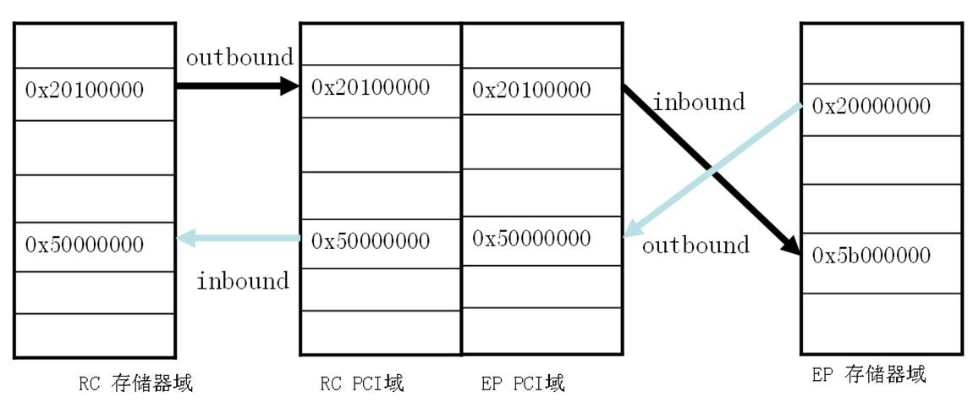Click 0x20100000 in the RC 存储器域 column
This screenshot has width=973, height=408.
(85, 90)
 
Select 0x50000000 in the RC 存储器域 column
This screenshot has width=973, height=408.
(85, 244)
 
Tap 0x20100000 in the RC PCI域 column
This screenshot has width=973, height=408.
(371, 87)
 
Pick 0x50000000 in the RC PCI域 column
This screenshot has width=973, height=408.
(371, 240)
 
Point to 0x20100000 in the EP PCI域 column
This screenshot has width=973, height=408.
(531, 90)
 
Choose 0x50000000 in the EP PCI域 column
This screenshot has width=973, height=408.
(531, 237)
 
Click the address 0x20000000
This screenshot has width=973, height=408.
(871, 106)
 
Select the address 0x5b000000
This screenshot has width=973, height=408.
(871, 256)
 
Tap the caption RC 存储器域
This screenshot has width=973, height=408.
(136, 383)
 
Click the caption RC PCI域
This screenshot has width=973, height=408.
(362, 383)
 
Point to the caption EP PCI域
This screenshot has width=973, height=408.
(523, 383)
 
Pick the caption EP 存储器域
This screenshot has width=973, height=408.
(869, 375)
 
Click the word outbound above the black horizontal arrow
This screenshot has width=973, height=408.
(239, 57)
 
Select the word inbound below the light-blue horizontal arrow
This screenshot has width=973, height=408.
(244, 281)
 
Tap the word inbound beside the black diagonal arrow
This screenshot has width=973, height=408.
(699, 102)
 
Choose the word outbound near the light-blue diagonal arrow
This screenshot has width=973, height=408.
(695, 245)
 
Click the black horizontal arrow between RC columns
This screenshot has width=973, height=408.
(239, 85)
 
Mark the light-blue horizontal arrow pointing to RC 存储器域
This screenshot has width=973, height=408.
(239, 237)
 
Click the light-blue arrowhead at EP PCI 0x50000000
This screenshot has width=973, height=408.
(633, 228)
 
